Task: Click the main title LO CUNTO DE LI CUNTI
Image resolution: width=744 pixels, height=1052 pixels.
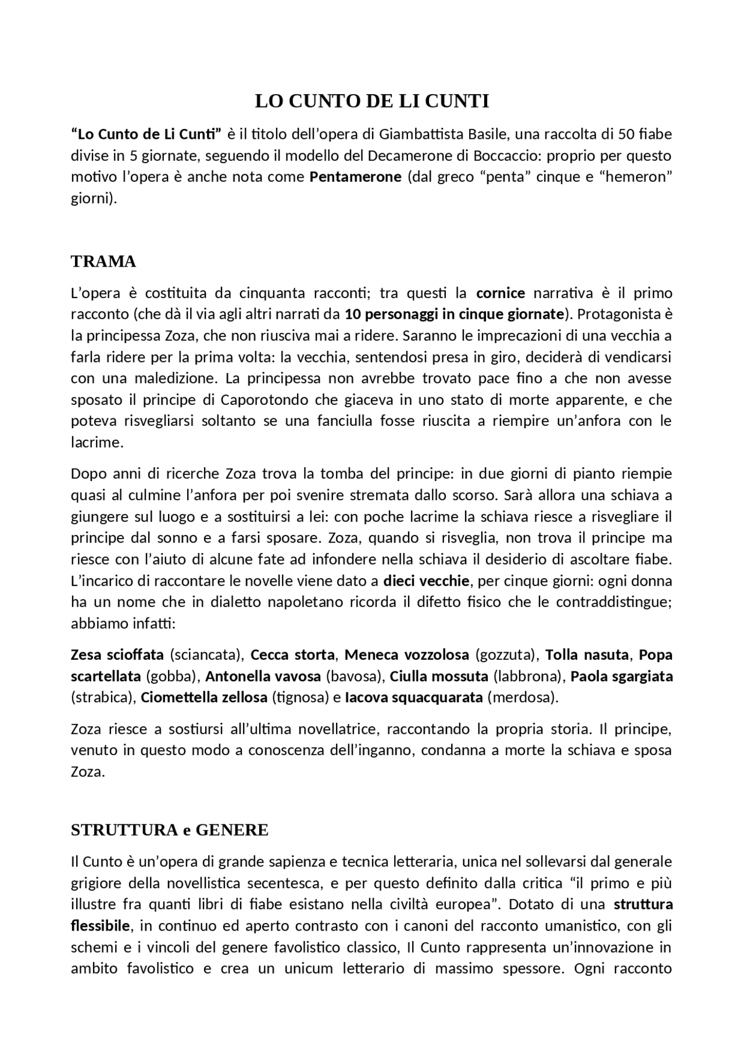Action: (x=372, y=101)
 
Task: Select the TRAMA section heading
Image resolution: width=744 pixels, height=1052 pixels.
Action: (x=103, y=261)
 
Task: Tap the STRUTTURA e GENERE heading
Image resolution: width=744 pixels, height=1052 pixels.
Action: (x=169, y=830)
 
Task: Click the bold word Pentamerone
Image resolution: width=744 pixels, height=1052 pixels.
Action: (x=355, y=177)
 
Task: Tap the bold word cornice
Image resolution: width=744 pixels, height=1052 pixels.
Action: (x=500, y=293)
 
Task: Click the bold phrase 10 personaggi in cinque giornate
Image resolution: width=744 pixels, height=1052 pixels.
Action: (x=455, y=314)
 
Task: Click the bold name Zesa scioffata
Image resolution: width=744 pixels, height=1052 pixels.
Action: (x=117, y=655)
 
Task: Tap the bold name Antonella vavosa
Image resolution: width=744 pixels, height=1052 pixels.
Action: (x=263, y=676)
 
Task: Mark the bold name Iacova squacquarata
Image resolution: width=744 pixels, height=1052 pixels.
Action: (x=414, y=697)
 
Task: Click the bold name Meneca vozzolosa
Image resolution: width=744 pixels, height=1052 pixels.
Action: (x=406, y=655)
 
